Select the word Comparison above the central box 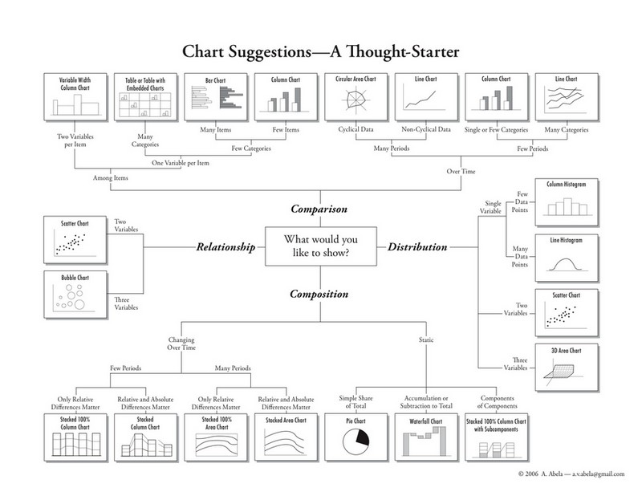click(319, 209)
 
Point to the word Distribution click(418, 247)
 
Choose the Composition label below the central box click(319, 294)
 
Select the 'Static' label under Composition click(426, 339)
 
